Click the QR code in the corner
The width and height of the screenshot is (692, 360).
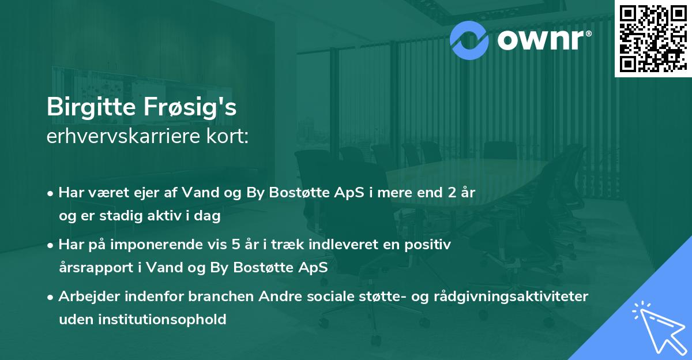coord(653,38)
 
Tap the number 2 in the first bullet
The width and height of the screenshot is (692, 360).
coord(444,193)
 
